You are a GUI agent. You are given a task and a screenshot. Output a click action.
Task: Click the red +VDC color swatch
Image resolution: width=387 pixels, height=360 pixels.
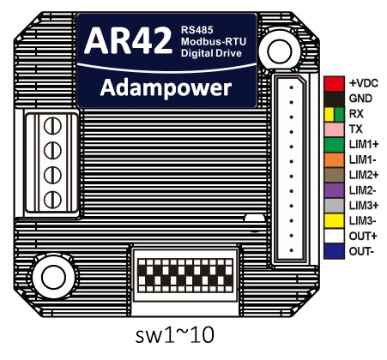(x=334, y=83)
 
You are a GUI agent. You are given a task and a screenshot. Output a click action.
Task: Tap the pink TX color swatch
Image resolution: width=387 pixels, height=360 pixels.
(x=334, y=129)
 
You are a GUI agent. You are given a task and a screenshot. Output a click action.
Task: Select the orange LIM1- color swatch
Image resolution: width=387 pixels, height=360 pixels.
(x=334, y=160)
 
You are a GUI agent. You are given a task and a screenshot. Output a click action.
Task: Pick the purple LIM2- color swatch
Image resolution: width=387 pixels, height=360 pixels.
(x=334, y=190)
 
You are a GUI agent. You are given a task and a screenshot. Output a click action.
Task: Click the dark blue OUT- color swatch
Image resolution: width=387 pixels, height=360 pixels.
(x=334, y=251)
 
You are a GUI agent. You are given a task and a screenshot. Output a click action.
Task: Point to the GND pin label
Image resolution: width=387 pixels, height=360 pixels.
(x=360, y=99)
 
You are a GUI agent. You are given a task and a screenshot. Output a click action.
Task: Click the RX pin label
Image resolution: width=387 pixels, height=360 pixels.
(x=356, y=114)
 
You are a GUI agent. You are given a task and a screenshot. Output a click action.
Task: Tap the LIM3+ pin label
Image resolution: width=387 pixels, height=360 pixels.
(x=364, y=206)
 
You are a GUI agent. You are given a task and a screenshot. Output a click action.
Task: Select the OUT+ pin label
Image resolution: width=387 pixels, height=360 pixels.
(x=363, y=237)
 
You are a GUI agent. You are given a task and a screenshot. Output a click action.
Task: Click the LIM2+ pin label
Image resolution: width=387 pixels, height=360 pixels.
(x=364, y=175)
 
